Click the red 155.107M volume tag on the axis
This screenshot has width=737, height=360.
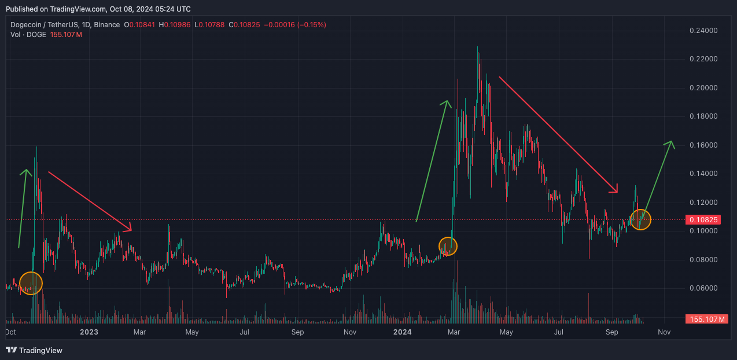[706, 319]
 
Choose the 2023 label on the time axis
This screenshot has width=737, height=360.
[89, 332]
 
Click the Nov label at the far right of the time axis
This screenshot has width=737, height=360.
[664, 332]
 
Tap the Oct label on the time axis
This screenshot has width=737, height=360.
[10, 332]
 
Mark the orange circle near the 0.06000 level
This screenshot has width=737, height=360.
[31, 282]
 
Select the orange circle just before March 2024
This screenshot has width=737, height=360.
[448, 246]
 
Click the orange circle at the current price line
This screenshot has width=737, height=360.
[640, 219]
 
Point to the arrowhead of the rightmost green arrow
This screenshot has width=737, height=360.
[672, 142]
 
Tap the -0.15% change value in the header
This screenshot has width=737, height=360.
[312, 25]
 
